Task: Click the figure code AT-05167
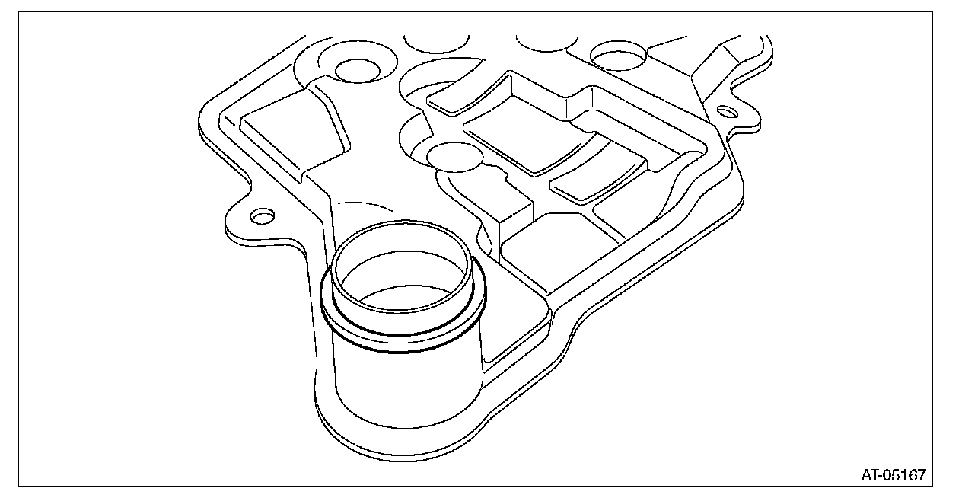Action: [x=894, y=475]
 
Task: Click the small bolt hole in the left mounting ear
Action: [x=262, y=216]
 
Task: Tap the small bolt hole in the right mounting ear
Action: [x=728, y=112]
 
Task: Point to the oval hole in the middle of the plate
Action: [x=454, y=156]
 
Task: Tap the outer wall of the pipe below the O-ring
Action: [x=407, y=388]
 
